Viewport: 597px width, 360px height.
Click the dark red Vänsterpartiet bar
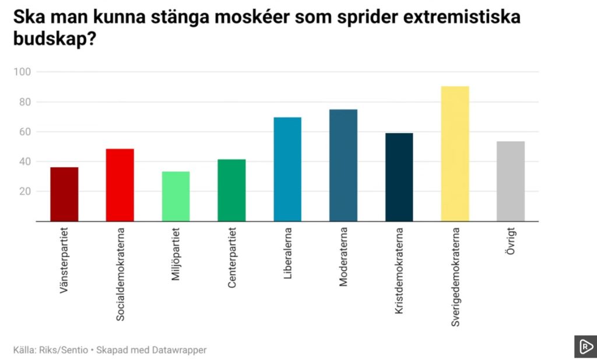(64, 194)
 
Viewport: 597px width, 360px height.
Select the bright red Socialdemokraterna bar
(120, 185)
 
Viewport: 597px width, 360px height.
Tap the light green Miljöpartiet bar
(175, 196)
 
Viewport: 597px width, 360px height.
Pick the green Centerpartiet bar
(231, 190)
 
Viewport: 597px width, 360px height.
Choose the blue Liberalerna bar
(287, 169)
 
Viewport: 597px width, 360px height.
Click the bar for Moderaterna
(343, 165)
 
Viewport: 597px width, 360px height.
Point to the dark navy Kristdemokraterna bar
(399, 177)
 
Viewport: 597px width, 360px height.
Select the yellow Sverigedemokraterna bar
(455, 154)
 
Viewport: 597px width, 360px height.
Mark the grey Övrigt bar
(511, 181)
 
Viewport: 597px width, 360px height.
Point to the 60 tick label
(25, 132)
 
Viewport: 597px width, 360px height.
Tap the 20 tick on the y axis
(25, 192)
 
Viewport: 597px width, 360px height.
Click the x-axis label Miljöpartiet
(176, 255)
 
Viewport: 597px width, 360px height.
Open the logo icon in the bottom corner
(585, 347)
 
